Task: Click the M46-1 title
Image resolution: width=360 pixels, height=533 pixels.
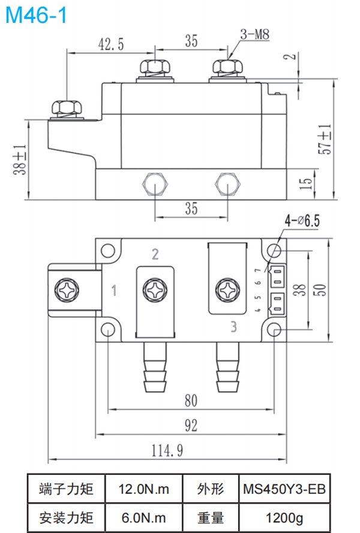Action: pyautogui.click(x=35, y=15)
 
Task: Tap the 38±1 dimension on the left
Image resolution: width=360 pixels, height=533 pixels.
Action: pyautogui.click(x=20, y=159)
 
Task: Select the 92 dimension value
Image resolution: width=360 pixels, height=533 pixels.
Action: pyautogui.click(x=190, y=426)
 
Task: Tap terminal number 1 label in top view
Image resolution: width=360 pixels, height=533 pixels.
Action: pyautogui.click(x=114, y=292)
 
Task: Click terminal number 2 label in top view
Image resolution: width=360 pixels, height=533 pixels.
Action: pyautogui.click(x=155, y=255)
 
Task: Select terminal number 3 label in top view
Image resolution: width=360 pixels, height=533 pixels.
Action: pyautogui.click(x=235, y=327)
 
